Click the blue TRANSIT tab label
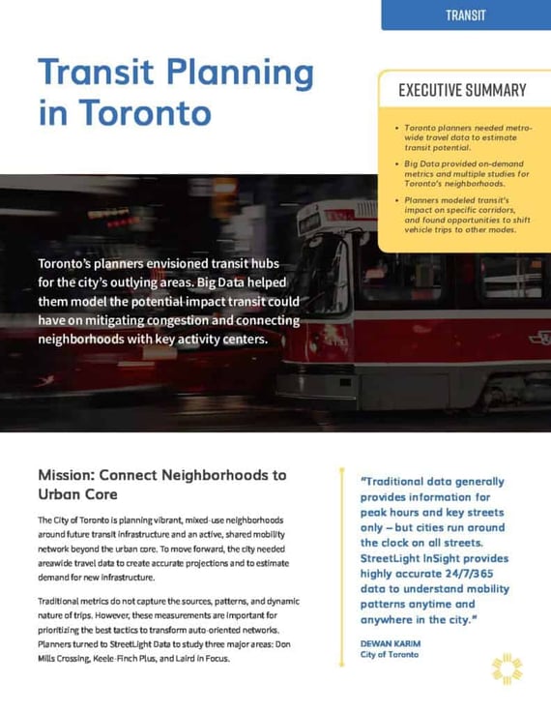(x=466, y=15)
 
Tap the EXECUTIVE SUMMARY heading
(x=462, y=90)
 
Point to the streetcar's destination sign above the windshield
(x=310, y=222)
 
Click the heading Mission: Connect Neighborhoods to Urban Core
(x=161, y=484)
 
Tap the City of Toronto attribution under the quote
(x=389, y=655)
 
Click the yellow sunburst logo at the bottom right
(x=507, y=668)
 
